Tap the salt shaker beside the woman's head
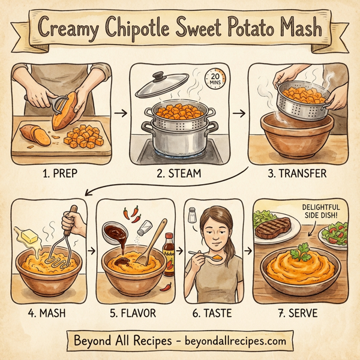193,214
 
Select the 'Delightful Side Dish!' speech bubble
325,211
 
